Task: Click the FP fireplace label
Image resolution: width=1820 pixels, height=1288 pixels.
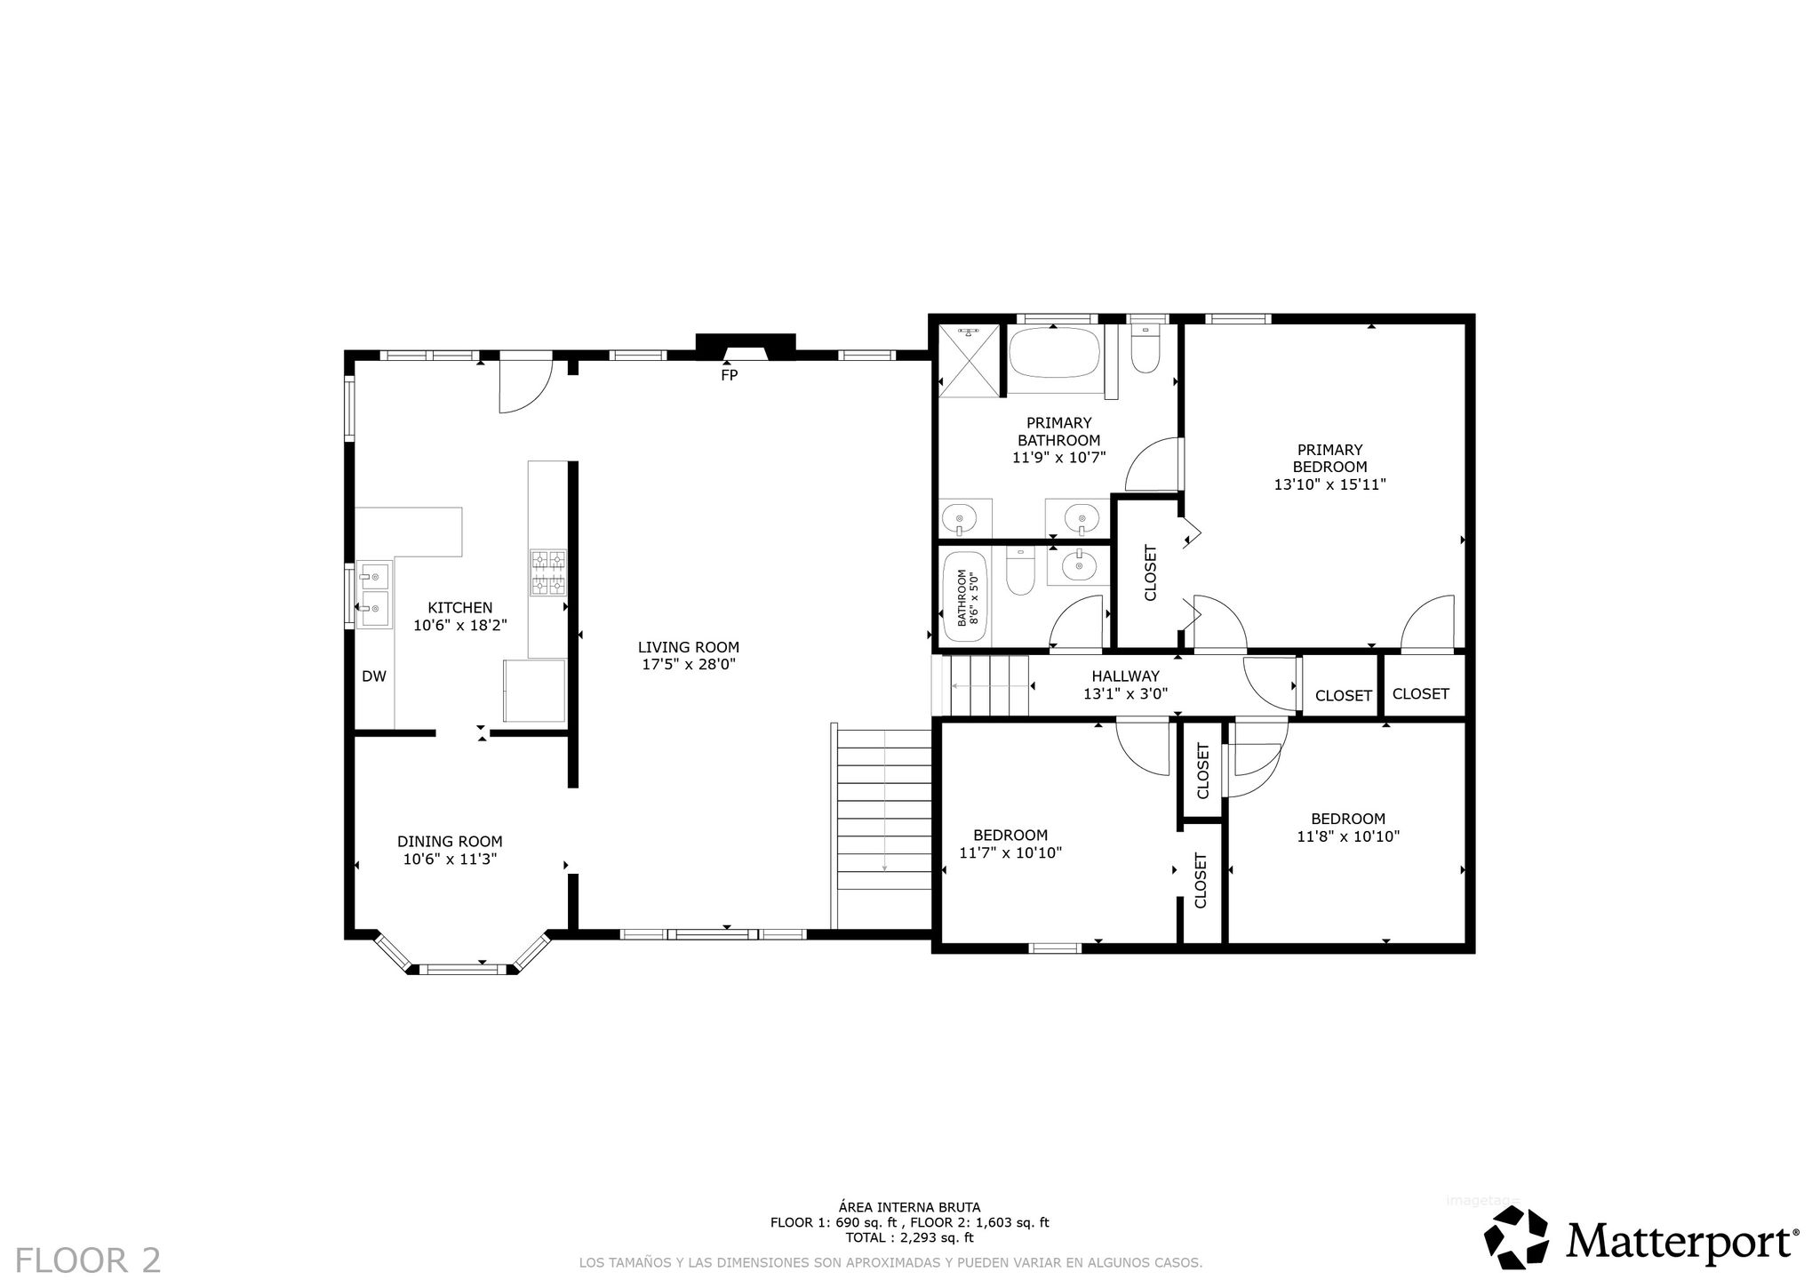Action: click(x=729, y=375)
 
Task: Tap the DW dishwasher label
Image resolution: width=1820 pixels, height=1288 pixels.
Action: click(x=374, y=676)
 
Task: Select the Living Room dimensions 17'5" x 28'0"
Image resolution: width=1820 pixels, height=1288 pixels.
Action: click(x=689, y=664)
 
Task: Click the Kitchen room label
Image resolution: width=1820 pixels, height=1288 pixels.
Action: click(x=460, y=608)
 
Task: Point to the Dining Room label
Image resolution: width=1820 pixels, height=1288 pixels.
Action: click(x=450, y=841)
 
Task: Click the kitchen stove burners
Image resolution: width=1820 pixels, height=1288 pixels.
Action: click(x=548, y=572)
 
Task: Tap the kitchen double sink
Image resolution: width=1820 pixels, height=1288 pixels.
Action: click(x=374, y=594)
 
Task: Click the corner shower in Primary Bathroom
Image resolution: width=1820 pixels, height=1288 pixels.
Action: click(x=970, y=359)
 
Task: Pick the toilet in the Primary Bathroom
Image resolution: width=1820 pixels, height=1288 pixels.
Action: click(x=1145, y=351)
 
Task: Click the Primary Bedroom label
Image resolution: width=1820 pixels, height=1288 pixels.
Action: click(x=1329, y=459)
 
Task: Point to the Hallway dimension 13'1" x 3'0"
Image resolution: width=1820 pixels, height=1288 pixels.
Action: click(x=1125, y=694)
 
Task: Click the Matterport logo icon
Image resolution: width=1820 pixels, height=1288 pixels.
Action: click(x=1518, y=1237)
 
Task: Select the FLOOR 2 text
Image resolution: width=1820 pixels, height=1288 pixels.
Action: click(x=88, y=1260)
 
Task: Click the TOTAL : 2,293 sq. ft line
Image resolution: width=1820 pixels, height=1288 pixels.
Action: click(x=909, y=1237)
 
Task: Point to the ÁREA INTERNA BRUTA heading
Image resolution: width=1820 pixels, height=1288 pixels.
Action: click(x=909, y=1207)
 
